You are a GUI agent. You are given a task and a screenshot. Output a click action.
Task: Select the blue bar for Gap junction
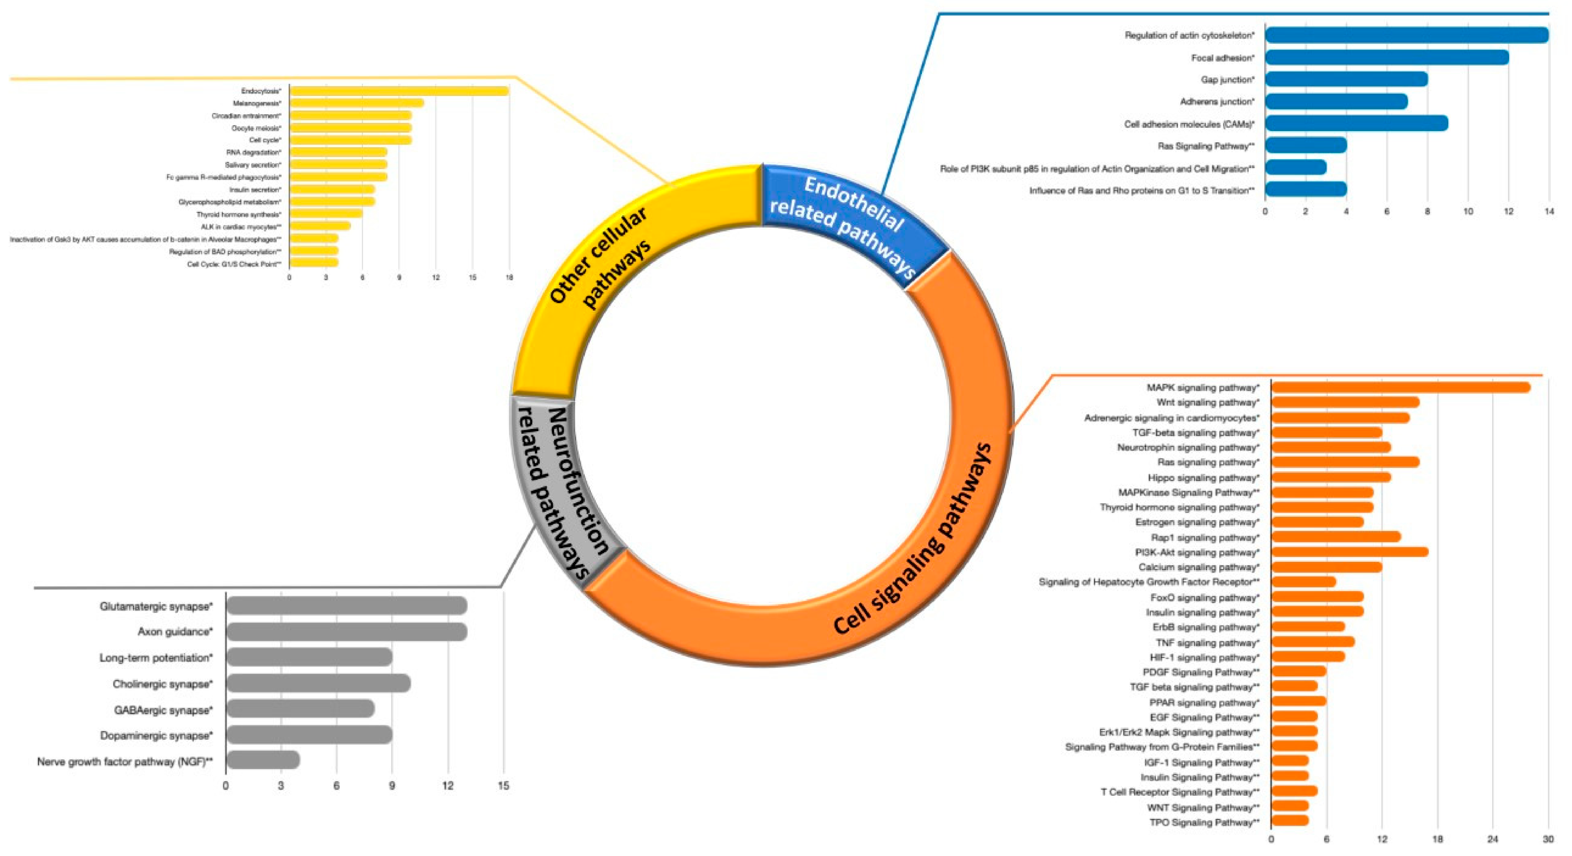tap(1346, 80)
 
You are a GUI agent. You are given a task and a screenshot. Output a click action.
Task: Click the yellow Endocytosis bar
tap(399, 91)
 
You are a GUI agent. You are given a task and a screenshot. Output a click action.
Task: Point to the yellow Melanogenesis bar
tap(356, 103)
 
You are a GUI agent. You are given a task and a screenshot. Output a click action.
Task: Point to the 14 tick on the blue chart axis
tap(1548, 211)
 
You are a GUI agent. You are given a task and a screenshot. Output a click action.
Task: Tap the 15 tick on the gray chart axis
tap(503, 786)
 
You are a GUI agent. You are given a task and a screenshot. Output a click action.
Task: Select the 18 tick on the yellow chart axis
tap(509, 277)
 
